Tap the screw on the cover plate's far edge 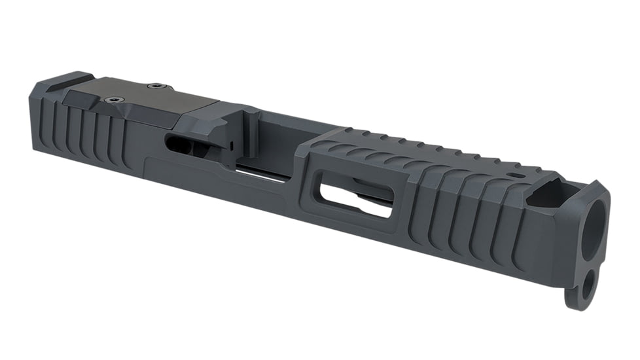[x=156, y=86]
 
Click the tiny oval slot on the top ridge [x=518, y=176]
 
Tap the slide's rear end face [x=35, y=115]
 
